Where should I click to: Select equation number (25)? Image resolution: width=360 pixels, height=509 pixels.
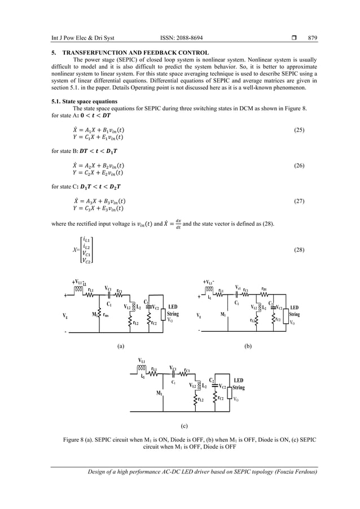(x=299, y=130)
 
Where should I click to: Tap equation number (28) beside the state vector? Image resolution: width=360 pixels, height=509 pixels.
(x=299, y=249)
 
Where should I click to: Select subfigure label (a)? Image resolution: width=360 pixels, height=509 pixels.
(x=120, y=345)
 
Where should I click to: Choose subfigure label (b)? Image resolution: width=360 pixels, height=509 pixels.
(x=248, y=345)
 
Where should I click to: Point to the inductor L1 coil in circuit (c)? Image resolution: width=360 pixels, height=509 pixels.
(x=142, y=368)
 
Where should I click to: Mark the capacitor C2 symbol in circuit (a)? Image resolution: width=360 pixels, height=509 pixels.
(x=148, y=308)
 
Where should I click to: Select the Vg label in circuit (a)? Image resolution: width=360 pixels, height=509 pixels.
(x=65, y=315)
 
